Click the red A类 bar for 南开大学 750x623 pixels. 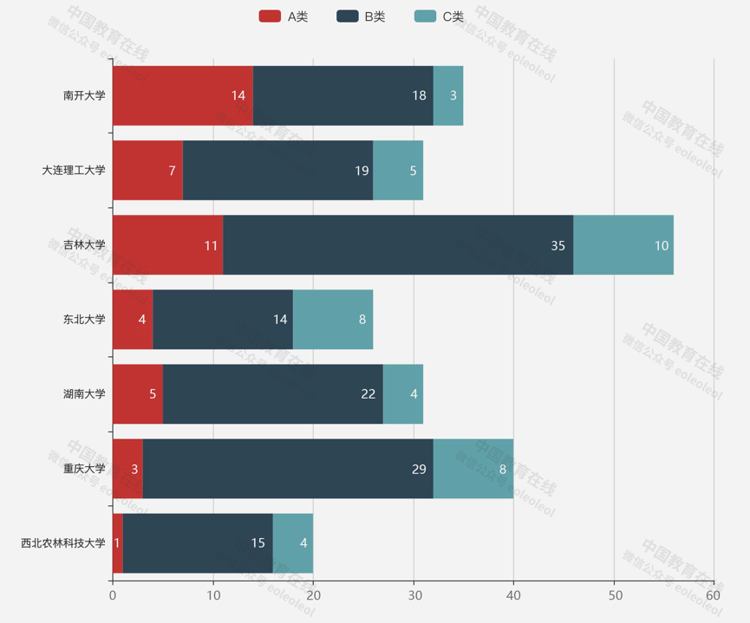click(182, 95)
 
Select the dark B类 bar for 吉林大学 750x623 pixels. click(398, 245)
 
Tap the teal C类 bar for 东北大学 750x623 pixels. click(333, 320)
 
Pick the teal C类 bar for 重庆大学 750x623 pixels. click(473, 469)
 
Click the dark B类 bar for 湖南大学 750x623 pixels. click(272, 394)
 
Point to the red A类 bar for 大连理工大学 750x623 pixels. click(147, 171)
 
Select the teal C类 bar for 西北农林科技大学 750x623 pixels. click(293, 543)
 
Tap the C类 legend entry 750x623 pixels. click(439, 16)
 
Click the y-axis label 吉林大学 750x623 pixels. click(84, 245)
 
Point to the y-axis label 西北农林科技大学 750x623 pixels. click(63, 543)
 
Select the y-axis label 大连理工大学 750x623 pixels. click(74, 171)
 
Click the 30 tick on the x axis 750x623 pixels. click(414, 595)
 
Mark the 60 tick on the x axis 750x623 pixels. click(714, 595)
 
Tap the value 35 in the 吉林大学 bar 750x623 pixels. click(558, 245)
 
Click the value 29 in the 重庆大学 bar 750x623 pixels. click(419, 469)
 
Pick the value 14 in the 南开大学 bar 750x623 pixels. click(238, 95)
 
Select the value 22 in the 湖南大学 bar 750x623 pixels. click(368, 394)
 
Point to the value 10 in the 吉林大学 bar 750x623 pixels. click(662, 245)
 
